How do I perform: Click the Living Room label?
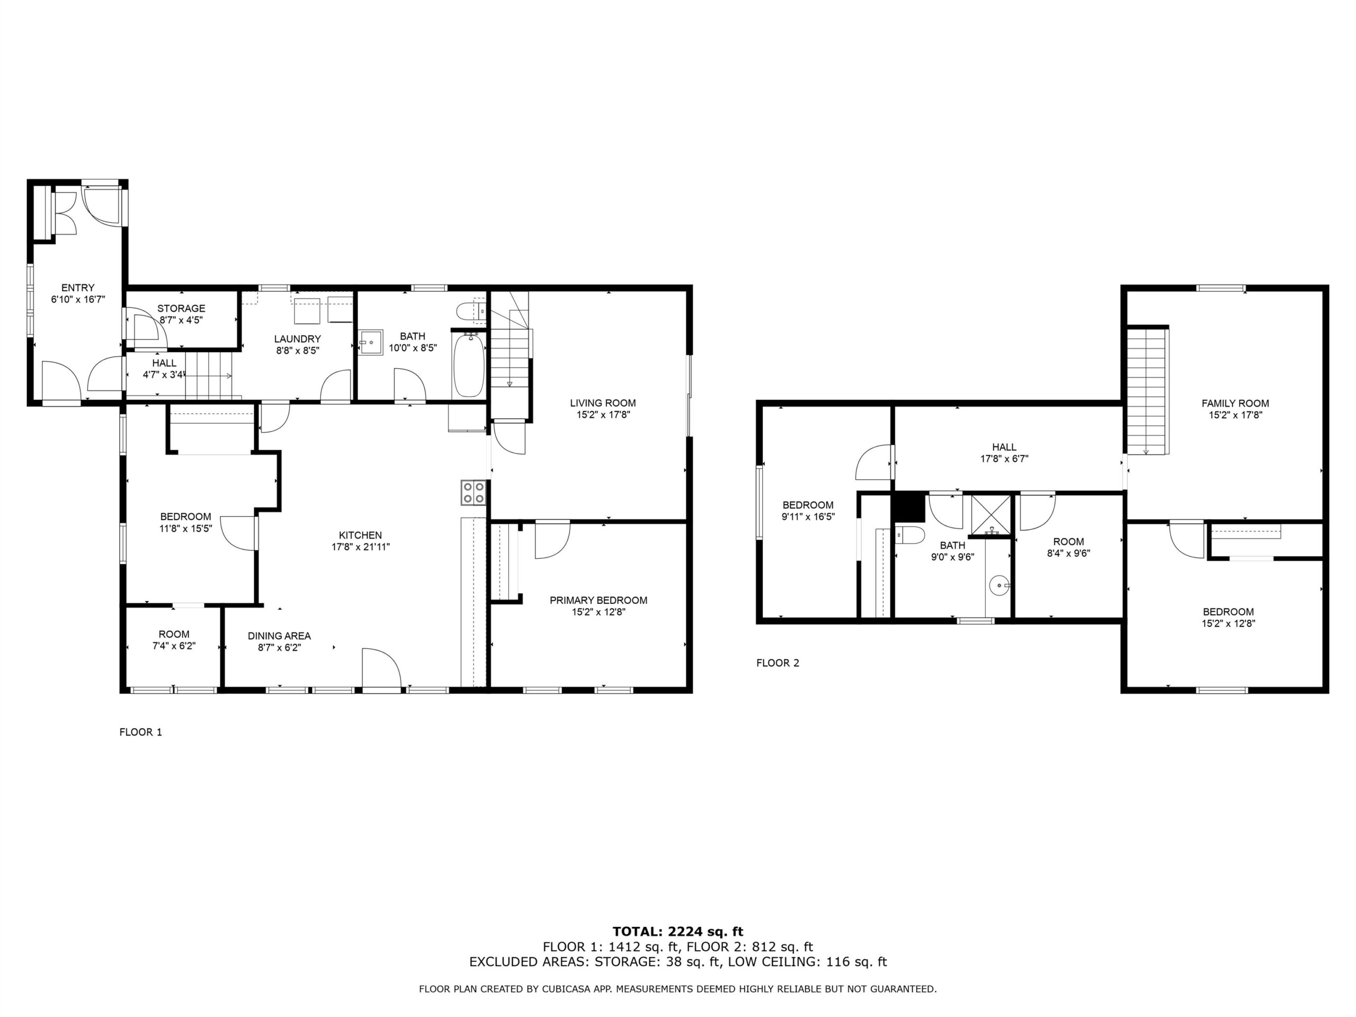(603, 403)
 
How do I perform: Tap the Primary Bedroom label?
(599, 600)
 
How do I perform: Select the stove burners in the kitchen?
(473, 492)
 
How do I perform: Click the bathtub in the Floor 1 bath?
(469, 364)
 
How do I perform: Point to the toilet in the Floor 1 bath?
(471, 311)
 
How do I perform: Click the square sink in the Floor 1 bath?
(370, 342)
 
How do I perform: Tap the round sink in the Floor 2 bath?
(999, 585)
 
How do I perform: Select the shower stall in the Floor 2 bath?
(991, 515)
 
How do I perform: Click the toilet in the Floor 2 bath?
(909, 535)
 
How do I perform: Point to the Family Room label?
(1235, 404)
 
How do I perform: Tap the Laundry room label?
(297, 338)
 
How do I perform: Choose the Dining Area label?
(279, 636)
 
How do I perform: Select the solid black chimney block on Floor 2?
(908, 507)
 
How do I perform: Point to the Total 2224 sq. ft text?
(678, 932)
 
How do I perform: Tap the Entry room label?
(78, 288)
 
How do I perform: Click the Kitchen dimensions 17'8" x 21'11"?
(361, 547)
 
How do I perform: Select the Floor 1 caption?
(140, 732)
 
